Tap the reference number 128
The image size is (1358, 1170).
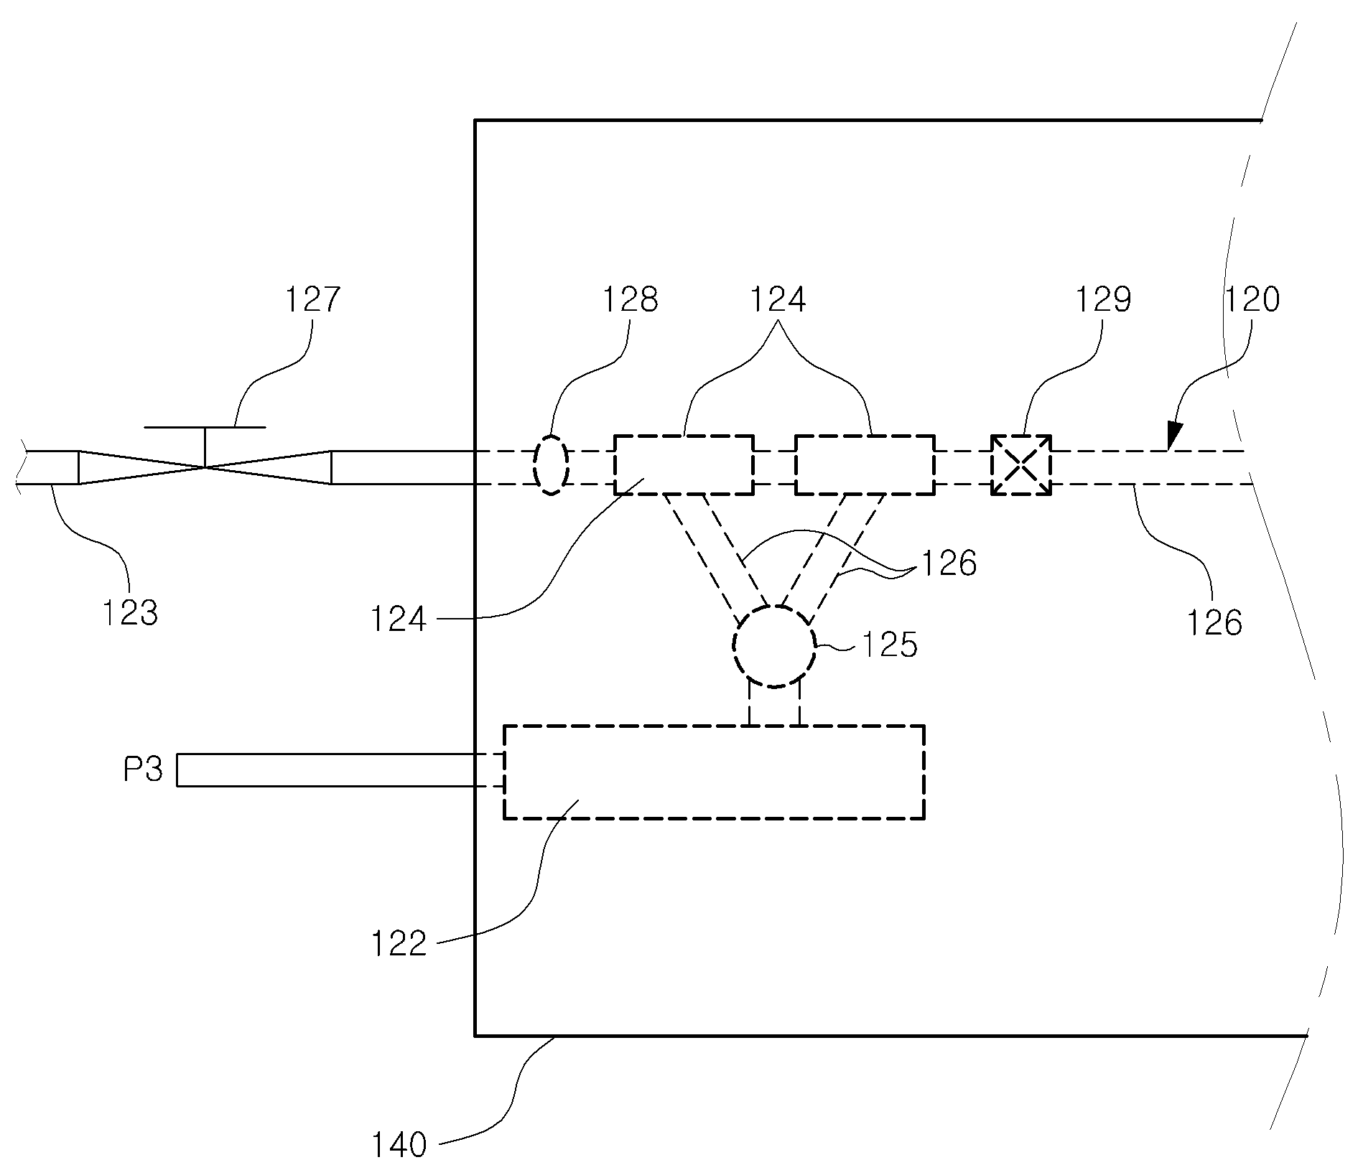[x=630, y=299]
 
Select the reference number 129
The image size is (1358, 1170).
[x=1103, y=299]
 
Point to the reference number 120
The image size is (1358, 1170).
[x=1252, y=299]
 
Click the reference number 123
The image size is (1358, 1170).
[x=130, y=614]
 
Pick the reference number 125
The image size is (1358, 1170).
[x=890, y=645]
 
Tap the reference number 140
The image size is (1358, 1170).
[x=399, y=1146]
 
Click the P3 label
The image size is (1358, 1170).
[x=143, y=770]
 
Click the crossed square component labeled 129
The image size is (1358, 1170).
[x=1021, y=465]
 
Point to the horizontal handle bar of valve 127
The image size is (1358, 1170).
[x=205, y=427]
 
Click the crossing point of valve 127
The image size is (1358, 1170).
[x=205, y=467]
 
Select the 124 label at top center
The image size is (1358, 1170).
[x=778, y=299]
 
